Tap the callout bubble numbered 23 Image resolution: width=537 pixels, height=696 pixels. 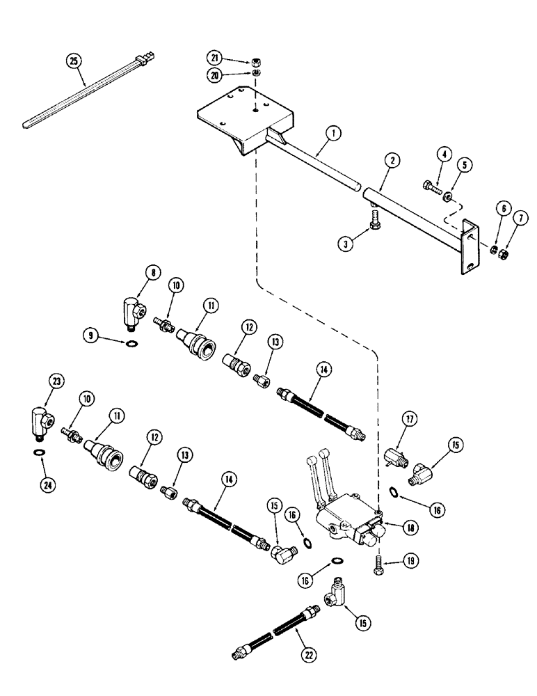coord(56,380)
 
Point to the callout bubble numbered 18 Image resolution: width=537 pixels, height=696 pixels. coord(412,528)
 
